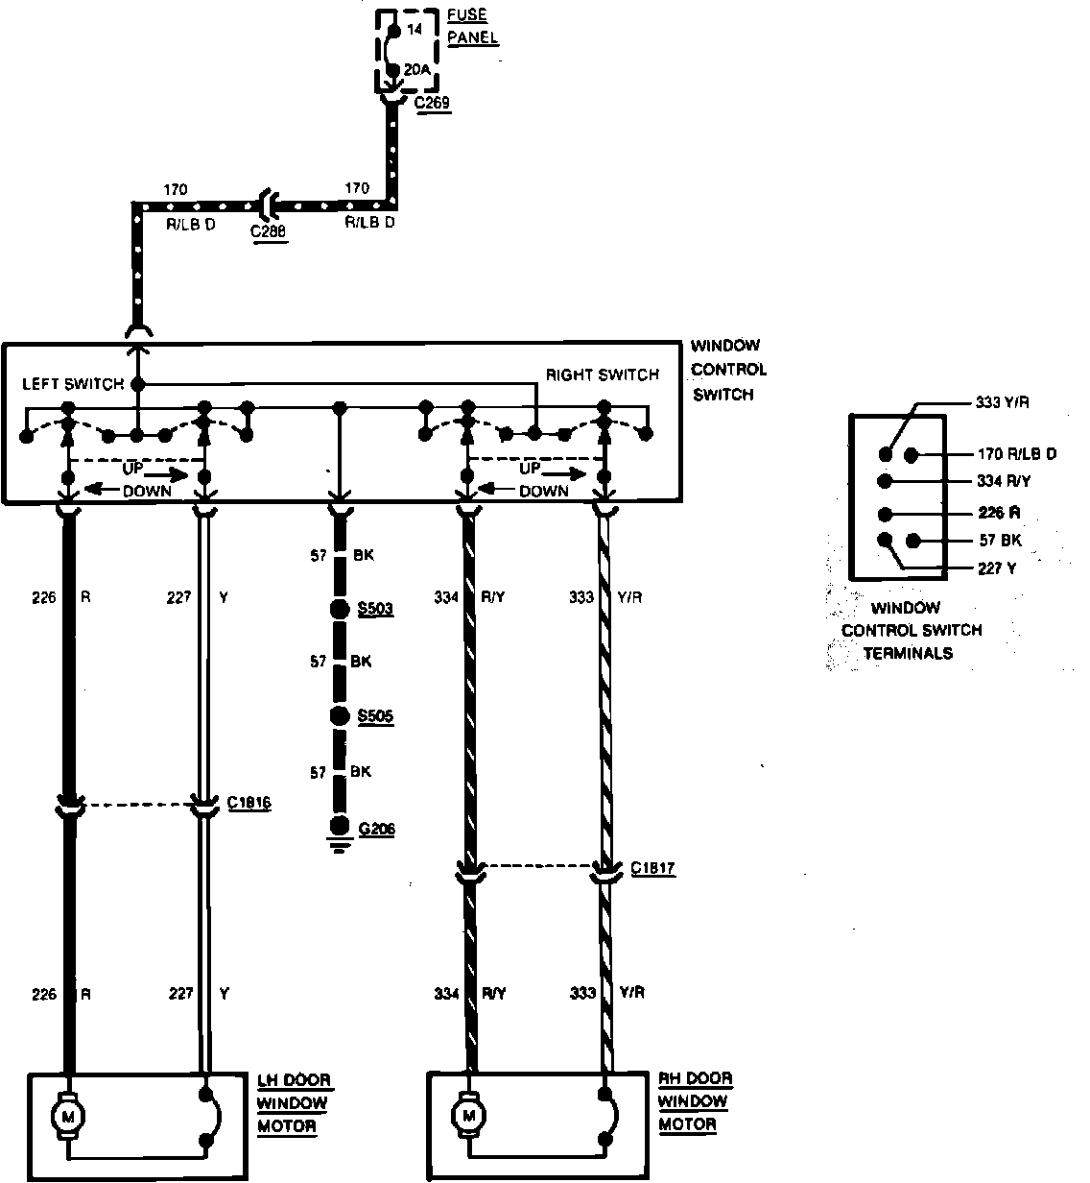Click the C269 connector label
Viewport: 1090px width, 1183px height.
coord(434,102)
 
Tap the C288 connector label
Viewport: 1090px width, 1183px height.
coord(269,231)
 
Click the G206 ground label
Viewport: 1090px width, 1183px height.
coord(375,829)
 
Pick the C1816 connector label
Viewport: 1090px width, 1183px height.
coord(249,803)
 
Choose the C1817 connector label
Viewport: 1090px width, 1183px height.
coord(653,869)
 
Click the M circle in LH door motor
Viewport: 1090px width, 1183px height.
coord(68,1116)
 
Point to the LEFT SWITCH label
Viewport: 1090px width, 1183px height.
coord(73,384)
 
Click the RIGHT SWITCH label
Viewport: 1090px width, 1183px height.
coord(603,374)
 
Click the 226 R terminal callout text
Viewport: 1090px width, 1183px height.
coord(992,513)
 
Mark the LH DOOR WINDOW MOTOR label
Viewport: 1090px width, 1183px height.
coord(293,1102)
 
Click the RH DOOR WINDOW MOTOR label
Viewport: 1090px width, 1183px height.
coord(695,1101)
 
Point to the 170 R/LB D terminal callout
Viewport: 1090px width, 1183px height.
coord(1016,453)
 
